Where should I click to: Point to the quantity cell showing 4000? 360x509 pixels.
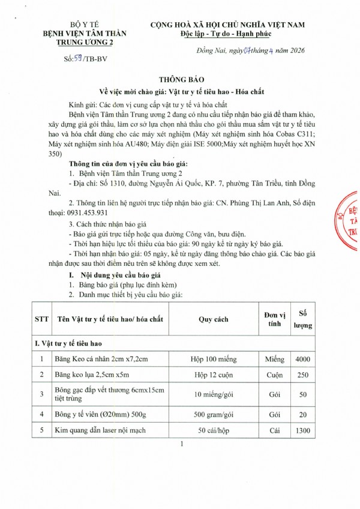pyautogui.click(x=303, y=359)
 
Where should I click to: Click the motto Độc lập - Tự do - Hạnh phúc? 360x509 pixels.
pyautogui.click(x=226, y=33)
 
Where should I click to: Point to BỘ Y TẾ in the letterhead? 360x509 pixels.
pyautogui.click(x=75, y=25)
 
